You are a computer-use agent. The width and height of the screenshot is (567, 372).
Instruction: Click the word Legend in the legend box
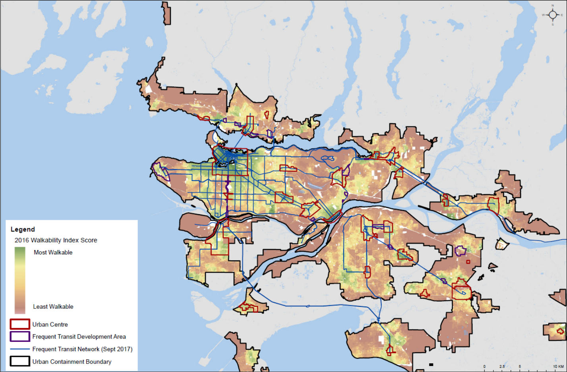click(23, 229)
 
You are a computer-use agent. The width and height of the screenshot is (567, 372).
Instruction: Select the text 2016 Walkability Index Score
click(56, 240)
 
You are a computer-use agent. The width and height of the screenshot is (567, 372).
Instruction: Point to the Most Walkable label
click(53, 252)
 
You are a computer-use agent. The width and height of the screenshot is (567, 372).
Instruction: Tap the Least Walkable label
click(53, 306)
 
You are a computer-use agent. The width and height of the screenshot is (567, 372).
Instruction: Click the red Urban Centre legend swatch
click(20, 324)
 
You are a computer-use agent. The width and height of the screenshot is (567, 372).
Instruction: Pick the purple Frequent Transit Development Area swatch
click(20, 337)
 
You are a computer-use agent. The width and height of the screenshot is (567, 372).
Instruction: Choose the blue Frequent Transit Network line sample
click(20, 349)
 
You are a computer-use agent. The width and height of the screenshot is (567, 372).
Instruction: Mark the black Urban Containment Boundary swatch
click(20, 361)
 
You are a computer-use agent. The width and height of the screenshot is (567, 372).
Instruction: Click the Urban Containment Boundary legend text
click(72, 362)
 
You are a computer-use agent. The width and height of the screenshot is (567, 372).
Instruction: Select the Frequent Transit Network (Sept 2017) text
click(82, 349)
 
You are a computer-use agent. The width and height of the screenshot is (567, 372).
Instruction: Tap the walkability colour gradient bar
click(20, 280)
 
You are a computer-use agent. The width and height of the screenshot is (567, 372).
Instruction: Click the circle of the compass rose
click(553, 15)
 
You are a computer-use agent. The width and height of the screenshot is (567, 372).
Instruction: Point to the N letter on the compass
click(553, 6)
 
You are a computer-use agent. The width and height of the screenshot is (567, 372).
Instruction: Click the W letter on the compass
click(543, 15)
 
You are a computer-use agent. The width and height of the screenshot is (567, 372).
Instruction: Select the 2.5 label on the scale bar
click(502, 366)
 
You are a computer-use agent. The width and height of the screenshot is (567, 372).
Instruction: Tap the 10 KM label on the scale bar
click(558, 366)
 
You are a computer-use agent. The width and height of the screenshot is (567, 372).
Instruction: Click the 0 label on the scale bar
click(484, 366)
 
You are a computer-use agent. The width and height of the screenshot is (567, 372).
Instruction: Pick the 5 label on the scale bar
click(520, 366)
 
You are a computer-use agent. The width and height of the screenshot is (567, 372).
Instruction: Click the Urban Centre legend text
click(50, 324)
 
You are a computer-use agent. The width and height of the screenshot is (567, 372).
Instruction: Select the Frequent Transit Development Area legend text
click(79, 337)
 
